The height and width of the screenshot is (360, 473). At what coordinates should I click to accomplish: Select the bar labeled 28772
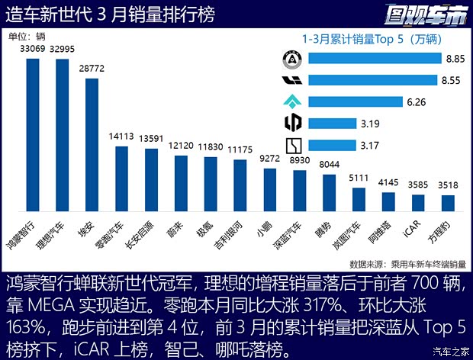click(92, 144)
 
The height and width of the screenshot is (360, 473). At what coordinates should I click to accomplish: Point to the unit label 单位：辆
click(27, 36)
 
